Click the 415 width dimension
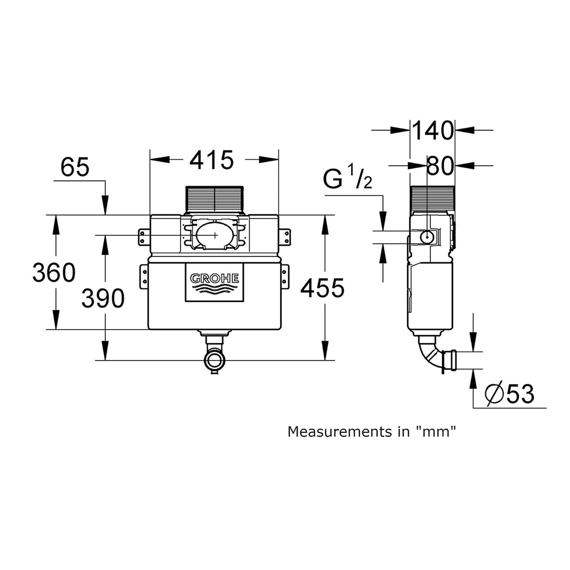[x=211, y=160]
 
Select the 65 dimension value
[x=75, y=167]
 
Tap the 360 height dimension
[x=54, y=272]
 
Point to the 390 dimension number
[x=103, y=298]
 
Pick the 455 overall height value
[x=322, y=288]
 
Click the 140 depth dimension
[x=432, y=131]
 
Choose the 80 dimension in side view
[x=440, y=166]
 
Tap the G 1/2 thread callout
[x=347, y=178]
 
